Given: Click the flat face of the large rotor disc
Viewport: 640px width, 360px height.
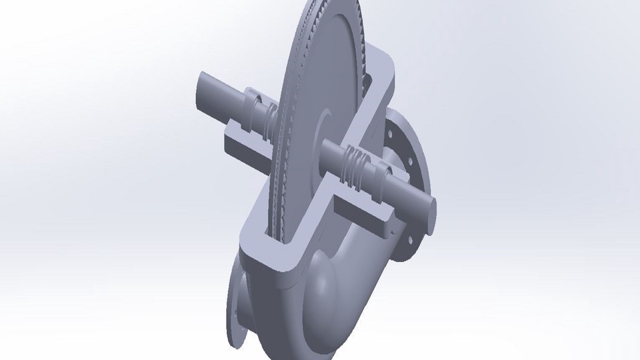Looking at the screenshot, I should click(313, 80).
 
